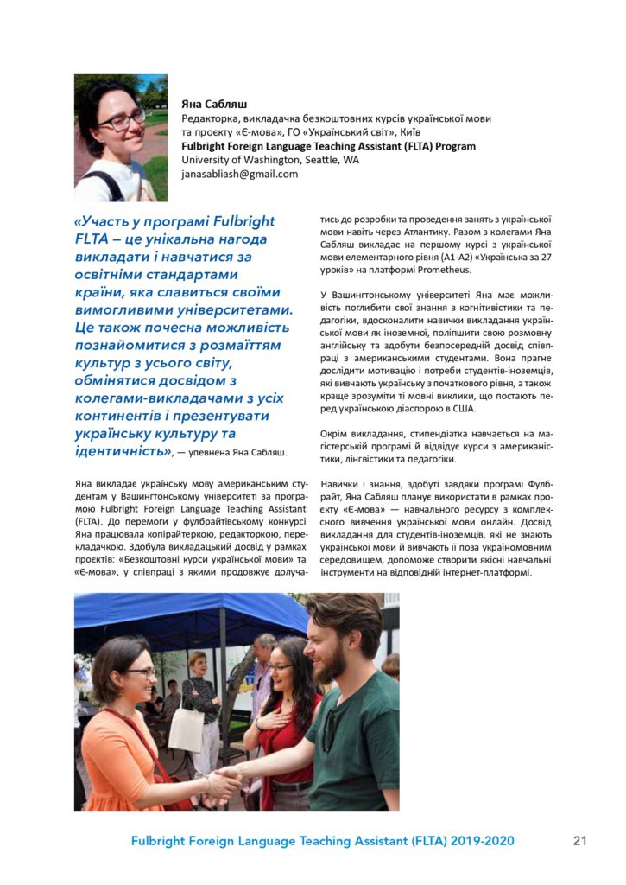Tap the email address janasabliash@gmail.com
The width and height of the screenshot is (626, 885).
point(239,174)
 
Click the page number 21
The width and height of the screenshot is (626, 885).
point(579,840)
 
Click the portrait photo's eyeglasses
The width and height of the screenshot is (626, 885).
point(122,119)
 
